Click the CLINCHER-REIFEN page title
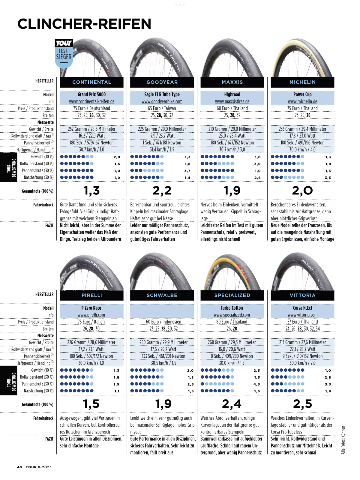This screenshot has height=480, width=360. pyautogui.click(x=84, y=24)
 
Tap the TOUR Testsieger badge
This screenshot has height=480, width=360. pyautogui.click(x=64, y=53)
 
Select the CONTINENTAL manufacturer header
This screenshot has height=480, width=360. pyautogui.click(x=91, y=82)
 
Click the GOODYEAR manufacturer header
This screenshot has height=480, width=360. pyautogui.click(x=162, y=82)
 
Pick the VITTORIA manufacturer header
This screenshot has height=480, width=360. pyautogui.click(x=302, y=295)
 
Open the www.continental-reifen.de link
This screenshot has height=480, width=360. pyautogui.click(x=91, y=101)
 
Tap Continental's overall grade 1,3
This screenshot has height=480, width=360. pyautogui.click(x=91, y=190)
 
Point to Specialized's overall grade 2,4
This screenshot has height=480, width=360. pyautogui.click(x=232, y=404)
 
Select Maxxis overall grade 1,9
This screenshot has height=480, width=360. pyautogui.click(x=232, y=190)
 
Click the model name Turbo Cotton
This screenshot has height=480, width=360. pyautogui.click(x=232, y=308)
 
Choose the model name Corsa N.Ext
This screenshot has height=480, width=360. pyautogui.click(x=302, y=308)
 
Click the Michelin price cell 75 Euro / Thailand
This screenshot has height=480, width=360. pyautogui.click(x=302, y=108)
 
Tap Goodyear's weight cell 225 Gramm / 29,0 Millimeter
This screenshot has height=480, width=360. pyautogui.click(x=162, y=129)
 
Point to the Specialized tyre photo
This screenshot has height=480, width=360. pyautogui.click(x=232, y=271)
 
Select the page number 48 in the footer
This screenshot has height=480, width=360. pyautogui.click(x=19, y=467)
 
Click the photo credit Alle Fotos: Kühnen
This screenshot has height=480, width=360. pyautogui.click(x=343, y=440)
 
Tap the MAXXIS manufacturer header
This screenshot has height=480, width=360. pyautogui.click(x=232, y=82)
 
